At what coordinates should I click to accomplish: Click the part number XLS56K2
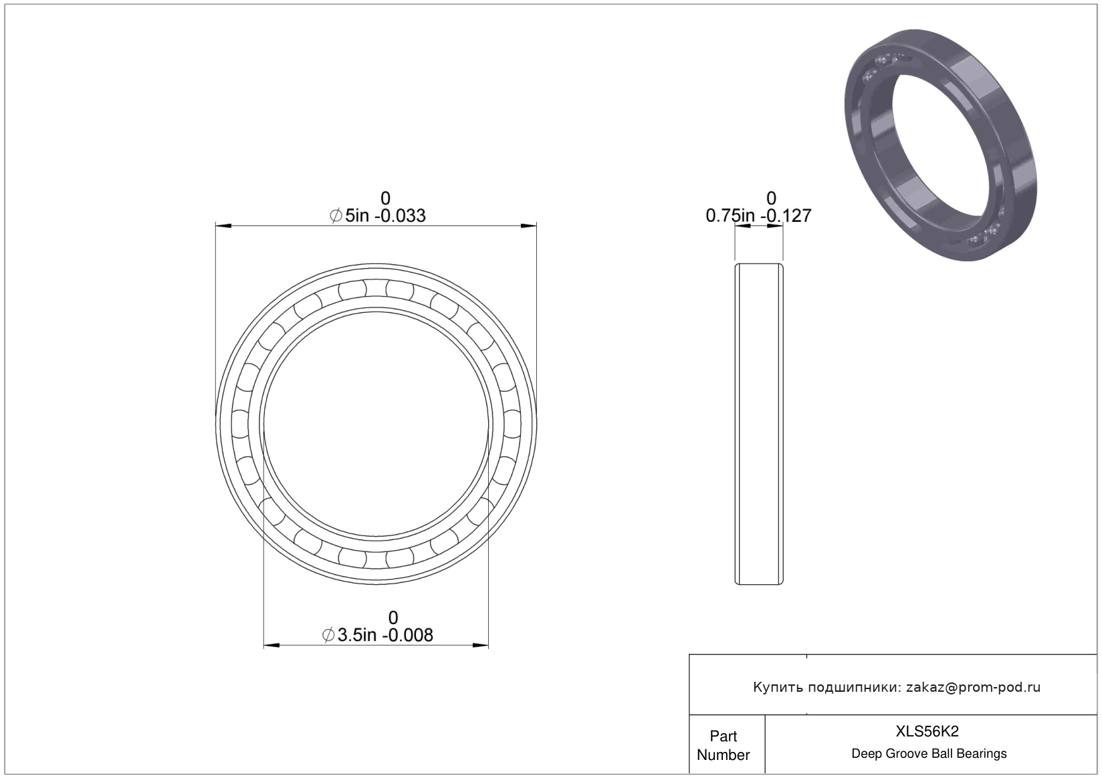927,731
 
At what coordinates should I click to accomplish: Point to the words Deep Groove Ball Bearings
929,753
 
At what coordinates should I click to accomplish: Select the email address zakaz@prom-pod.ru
973,687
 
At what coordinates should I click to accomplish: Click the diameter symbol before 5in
336,216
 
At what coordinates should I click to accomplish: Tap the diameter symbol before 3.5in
328,636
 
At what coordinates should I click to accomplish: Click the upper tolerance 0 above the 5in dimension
385,199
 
